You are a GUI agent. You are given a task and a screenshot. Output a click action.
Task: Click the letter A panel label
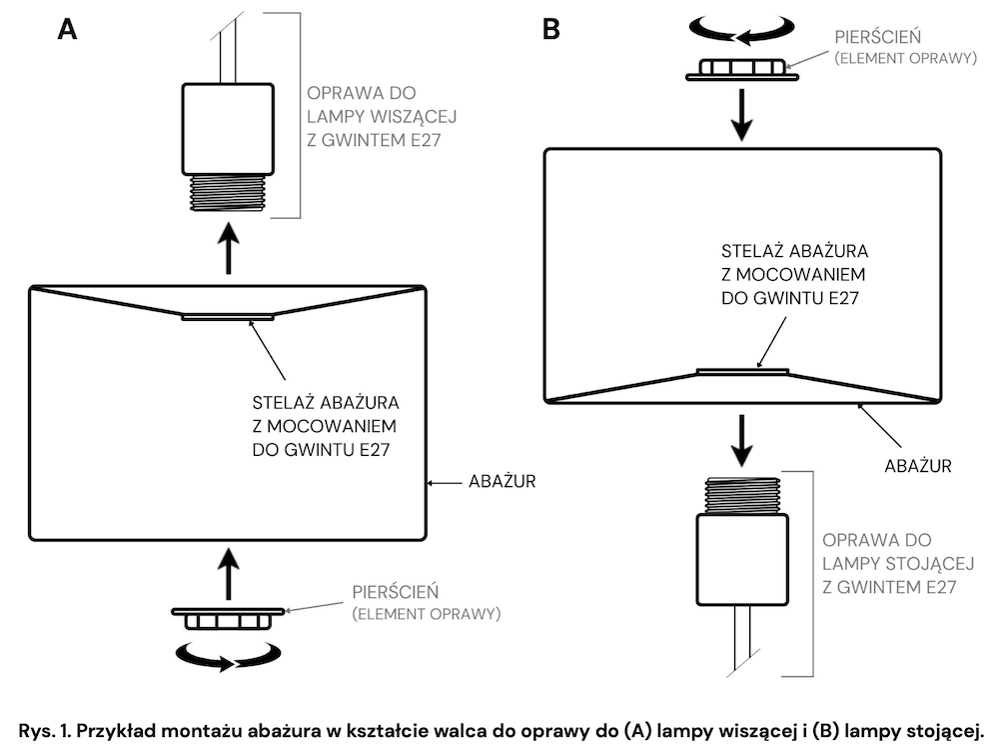(67, 29)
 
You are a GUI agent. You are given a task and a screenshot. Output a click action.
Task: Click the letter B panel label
(551, 29)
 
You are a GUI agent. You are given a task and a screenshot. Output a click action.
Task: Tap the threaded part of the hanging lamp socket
(228, 193)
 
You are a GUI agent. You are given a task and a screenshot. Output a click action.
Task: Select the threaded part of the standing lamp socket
(742, 496)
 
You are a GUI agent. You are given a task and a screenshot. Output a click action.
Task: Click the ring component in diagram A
(228, 618)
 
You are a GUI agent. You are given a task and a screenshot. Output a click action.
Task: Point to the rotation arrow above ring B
(742, 29)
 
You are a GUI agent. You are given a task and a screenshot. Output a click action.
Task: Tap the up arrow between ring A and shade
(228, 574)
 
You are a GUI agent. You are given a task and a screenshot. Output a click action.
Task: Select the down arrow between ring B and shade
(742, 115)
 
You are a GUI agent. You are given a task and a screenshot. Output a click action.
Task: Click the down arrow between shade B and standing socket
(742, 441)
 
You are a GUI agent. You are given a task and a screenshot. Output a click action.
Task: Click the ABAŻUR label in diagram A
(502, 482)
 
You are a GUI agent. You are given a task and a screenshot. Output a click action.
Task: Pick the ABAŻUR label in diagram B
(918, 466)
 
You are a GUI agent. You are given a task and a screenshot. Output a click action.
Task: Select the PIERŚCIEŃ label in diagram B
(878, 37)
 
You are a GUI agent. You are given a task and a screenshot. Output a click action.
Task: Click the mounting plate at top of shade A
(228, 317)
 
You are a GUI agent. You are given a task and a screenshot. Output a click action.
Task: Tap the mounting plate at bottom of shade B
(743, 372)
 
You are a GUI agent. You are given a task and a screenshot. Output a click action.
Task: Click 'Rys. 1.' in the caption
(45, 731)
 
